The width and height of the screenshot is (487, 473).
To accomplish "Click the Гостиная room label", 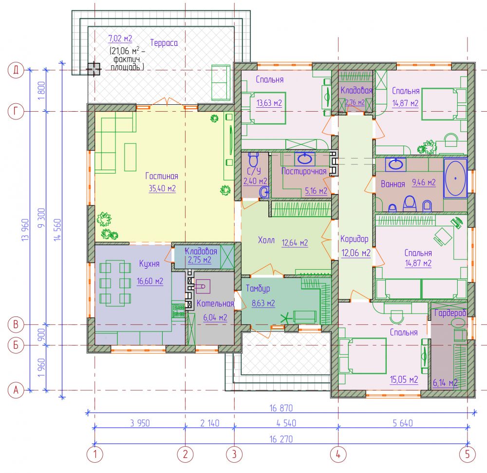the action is (162, 176).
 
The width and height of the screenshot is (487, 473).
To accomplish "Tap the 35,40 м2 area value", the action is (162, 188).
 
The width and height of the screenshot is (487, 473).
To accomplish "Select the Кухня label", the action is (149, 264).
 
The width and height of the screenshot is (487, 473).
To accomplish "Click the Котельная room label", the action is (215, 303).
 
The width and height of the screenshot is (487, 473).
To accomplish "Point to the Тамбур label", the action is (258, 289).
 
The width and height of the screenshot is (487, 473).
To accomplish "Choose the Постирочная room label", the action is (304, 171).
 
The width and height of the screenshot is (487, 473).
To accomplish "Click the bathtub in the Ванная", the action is (455, 178).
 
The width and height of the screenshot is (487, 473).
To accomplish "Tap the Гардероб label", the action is (450, 313).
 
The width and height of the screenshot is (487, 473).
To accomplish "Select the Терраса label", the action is (164, 42).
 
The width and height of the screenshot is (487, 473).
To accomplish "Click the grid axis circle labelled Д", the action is (16, 70).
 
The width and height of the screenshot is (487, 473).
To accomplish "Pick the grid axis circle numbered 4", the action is (338, 454).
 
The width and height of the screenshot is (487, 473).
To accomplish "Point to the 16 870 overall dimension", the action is (281, 408).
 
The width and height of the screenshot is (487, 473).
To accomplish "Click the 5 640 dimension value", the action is (403, 423).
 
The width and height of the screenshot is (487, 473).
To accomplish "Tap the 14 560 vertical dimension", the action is (57, 230).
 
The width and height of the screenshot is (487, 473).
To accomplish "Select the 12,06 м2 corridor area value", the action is (356, 253).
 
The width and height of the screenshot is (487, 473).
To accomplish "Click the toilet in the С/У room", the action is (253, 160).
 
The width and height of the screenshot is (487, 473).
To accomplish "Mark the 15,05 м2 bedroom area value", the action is (404, 380).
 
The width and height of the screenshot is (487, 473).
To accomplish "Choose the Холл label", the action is (266, 240).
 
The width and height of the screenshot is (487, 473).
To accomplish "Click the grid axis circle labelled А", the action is (16, 390).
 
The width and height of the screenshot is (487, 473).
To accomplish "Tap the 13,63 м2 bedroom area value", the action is (269, 103).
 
